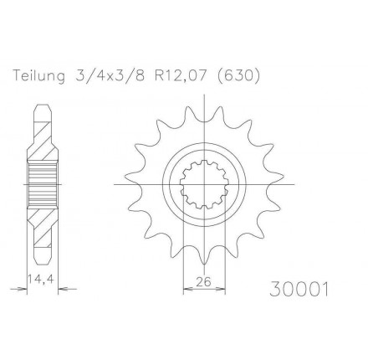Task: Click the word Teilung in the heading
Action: [x=39, y=75]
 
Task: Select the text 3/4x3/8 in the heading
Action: [x=110, y=75]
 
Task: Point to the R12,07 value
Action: [x=181, y=75]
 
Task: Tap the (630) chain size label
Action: [x=238, y=75]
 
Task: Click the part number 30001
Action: [x=299, y=289]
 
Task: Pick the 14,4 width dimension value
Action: [x=41, y=280]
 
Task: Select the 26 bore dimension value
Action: [x=204, y=282]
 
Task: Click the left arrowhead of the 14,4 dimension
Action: [x=23, y=289]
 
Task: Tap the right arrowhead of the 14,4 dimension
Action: [x=62, y=289]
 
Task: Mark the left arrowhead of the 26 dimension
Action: [x=187, y=289]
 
